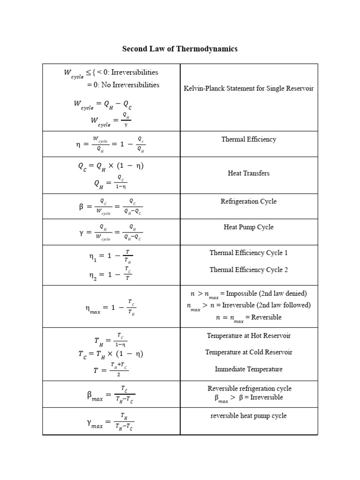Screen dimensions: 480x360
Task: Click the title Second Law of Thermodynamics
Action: [x=180, y=49]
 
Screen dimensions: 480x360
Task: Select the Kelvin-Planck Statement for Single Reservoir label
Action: [x=248, y=88]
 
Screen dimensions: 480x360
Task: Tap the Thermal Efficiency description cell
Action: [x=248, y=139]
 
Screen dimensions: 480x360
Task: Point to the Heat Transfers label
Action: [x=248, y=173]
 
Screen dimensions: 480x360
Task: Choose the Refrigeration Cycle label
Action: [x=248, y=202]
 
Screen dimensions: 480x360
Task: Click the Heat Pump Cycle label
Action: [x=248, y=227]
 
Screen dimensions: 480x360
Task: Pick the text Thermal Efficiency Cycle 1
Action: [x=248, y=253]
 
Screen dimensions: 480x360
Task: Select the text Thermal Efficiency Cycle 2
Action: [x=248, y=270]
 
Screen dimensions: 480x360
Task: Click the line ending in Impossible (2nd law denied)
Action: [x=248, y=294]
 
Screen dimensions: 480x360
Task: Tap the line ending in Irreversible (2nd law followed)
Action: [x=248, y=306]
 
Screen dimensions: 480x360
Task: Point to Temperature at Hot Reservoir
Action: [x=248, y=336]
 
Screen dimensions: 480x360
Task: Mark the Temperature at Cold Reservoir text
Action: [x=248, y=352]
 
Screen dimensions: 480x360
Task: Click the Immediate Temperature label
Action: [x=248, y=369]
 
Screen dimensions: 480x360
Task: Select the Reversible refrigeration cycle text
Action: [x=248, y=389]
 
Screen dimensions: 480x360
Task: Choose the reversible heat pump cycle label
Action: [x=248, y=416]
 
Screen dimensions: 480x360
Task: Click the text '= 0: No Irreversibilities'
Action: [x=123, y=85]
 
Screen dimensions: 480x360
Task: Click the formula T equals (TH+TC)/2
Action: [x=111, y=370]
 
